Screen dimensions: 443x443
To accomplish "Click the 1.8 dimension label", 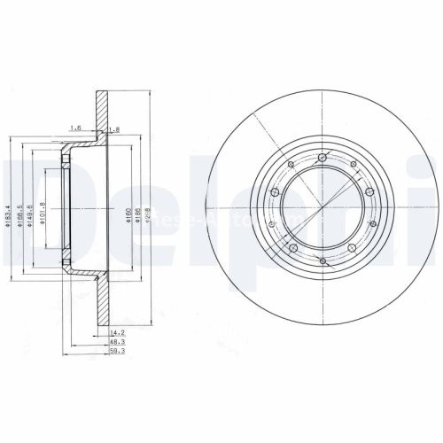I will coord(113,129).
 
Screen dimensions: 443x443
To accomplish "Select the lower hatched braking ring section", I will coord(102,306).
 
